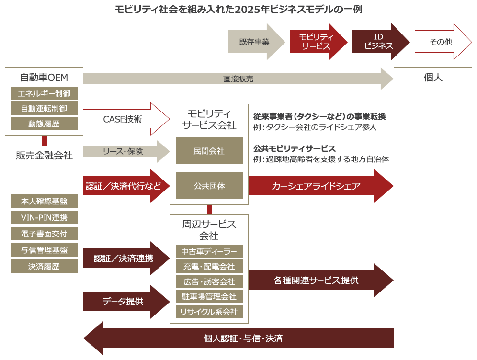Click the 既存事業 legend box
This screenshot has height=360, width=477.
[x=256, y=42]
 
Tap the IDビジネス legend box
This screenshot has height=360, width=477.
[x=381, y=42]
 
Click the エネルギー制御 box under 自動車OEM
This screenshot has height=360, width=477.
[x=44, y=94]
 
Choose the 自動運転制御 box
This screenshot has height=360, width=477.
[x=44, y=109]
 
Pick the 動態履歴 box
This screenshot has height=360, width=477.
[x=44, y=124]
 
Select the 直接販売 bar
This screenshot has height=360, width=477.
[x=238, y=79]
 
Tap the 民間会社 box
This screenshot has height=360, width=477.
[x=209, y=151]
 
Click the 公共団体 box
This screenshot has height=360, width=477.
[x=209, y=186]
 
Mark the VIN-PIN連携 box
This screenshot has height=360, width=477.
[x=44, y=218]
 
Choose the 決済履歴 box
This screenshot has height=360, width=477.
[x=44, y=267]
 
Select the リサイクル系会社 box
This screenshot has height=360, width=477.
[x=209, y=312]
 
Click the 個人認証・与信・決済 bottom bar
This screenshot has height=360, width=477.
[x=238, y=338]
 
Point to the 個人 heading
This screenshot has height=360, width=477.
[x=433, y=78]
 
